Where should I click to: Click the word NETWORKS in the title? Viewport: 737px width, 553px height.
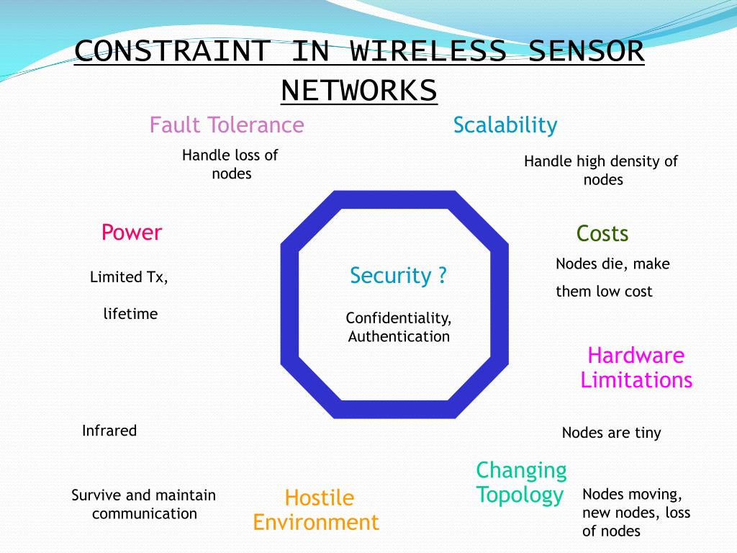[358, 91]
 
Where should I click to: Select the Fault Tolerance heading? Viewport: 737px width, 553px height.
[227, 125]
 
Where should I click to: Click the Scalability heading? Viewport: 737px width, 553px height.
[505, 125]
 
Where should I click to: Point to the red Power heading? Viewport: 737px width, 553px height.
[132, 233]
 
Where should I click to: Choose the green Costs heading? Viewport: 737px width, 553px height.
[602, 234]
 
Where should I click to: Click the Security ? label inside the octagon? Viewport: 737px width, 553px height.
[398, 276]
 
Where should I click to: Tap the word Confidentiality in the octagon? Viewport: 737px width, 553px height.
[399, 318]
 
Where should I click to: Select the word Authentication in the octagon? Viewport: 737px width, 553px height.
[399, 336]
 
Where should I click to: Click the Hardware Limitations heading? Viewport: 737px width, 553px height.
[636, 367]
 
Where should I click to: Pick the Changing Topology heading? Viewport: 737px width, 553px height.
[521, 482]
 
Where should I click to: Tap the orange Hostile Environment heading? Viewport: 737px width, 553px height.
[316, 510]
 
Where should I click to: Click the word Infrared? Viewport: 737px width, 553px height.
[109, 431]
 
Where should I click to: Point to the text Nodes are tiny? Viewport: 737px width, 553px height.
[611, 433]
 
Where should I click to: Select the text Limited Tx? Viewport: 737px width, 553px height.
[129, 277]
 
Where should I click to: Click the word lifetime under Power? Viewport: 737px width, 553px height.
[130, 314]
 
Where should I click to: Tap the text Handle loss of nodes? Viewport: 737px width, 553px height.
[230, 164]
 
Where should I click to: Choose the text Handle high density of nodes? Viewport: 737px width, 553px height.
[601, 171]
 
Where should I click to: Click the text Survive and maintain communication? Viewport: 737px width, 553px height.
[144, 504]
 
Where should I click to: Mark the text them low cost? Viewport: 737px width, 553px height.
[604, 292]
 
